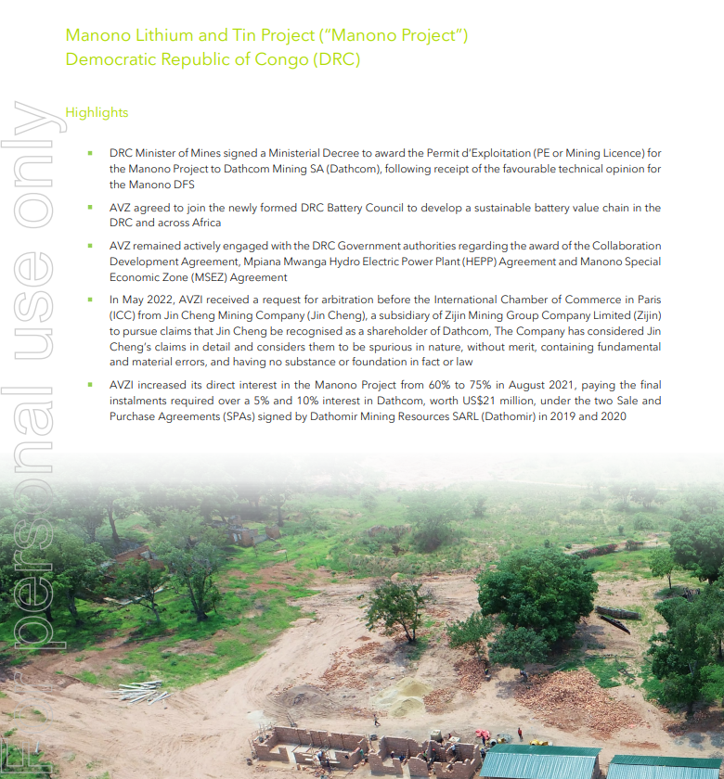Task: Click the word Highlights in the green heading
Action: coord(97,112)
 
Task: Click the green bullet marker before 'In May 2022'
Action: coord(90,300)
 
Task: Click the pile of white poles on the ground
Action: coord(139,691)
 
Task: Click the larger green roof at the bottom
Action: coord(542,761)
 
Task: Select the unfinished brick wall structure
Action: coord(371,751)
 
